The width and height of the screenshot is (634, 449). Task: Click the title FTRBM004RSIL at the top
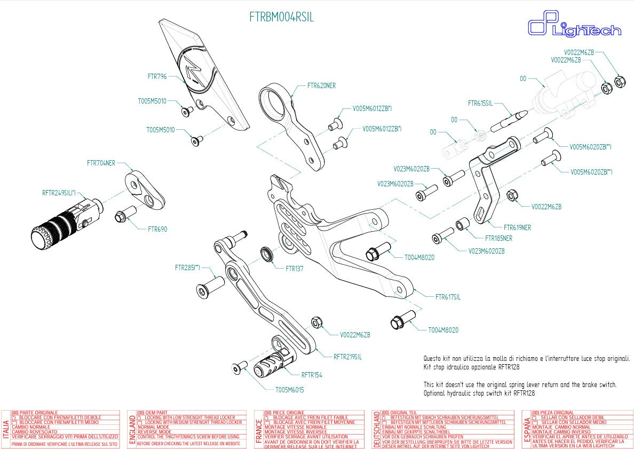[281, 17]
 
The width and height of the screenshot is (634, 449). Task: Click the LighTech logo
[574, 27]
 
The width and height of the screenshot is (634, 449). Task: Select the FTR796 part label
[157, 76]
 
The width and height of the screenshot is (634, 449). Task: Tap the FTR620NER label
[322, 85]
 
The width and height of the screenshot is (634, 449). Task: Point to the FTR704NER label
[101, 163]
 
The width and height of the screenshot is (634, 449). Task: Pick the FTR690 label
[157, 229]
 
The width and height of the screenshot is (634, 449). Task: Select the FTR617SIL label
[448, 297]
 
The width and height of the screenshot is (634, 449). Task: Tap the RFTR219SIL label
[347, 357]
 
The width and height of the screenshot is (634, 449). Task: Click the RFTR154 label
[312, 375]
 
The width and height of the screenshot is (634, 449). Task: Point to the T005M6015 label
[289, 390]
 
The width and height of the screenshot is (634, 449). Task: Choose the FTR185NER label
[498, 238]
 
